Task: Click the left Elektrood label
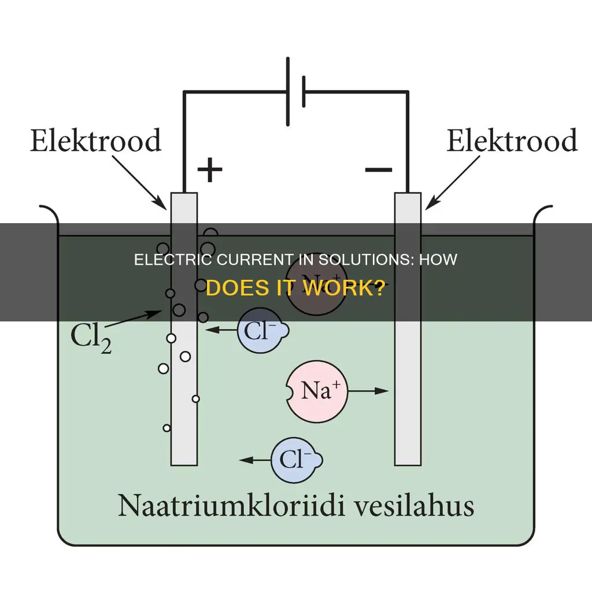95,140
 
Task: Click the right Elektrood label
512,140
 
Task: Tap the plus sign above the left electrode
209,170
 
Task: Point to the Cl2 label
92,338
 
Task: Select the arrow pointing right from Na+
368,391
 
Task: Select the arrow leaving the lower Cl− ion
255,460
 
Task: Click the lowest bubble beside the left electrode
167,428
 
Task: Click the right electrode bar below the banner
408,393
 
